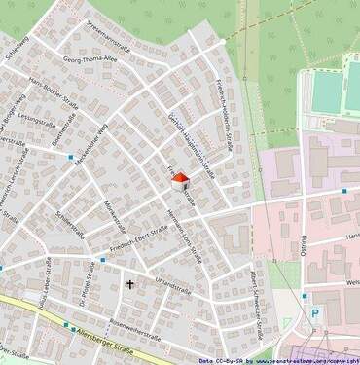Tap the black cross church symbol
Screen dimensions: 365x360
[129, 285]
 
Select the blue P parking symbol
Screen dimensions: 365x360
[313, 313]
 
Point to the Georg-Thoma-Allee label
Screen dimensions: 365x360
[89, 59]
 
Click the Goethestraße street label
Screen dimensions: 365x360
[62, 145]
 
